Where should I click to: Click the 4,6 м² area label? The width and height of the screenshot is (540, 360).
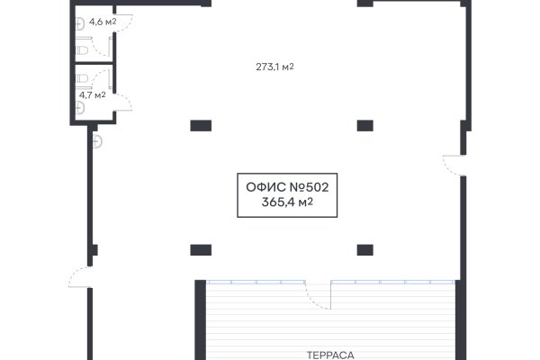[x=103, y=22]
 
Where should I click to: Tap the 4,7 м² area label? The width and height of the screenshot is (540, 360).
[x=93, y=95]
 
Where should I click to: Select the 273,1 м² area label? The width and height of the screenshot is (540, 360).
[x=274, y=67]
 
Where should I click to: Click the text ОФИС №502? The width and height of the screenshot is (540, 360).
[x=287, y=187]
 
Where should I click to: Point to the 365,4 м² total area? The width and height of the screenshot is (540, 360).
[x=287, y=202]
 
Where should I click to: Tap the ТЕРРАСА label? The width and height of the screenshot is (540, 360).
[x=330, y=355]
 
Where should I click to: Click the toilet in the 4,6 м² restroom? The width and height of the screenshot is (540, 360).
[x=82, y=50]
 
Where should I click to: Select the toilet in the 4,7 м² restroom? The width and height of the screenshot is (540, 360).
[x=82, y=79]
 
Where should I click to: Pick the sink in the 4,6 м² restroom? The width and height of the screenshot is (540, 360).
[x=80, y=23]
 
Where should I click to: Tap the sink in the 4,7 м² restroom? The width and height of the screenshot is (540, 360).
[x=80, y=108]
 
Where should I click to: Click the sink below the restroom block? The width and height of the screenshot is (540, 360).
[x=97, y=141]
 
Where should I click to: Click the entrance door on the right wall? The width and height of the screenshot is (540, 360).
[x=454, y=166]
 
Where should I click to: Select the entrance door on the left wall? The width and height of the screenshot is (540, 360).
[x=80, y=277]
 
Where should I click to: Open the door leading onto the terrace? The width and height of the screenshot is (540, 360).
[x=318, y=294]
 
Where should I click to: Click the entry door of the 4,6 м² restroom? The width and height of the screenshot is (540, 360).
[x=123, y=22]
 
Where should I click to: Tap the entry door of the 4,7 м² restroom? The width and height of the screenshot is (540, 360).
[x=122, y=102]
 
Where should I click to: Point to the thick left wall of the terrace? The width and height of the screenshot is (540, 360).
[x=201, y=320]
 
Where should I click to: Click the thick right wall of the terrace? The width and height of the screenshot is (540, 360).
[x=461, y=320]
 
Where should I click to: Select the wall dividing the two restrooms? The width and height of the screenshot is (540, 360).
[x=94, y=63]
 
